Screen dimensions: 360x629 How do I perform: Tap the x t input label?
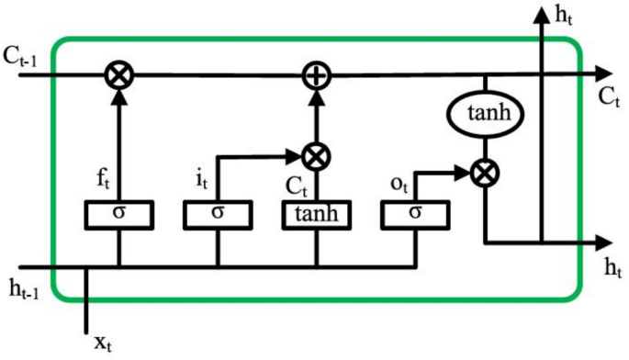coord(103,343)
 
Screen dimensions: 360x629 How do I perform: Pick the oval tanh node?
coord(484,114)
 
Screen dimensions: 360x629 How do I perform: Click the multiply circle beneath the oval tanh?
coord(483,172)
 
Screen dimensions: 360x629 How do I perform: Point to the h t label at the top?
coord(565,14)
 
